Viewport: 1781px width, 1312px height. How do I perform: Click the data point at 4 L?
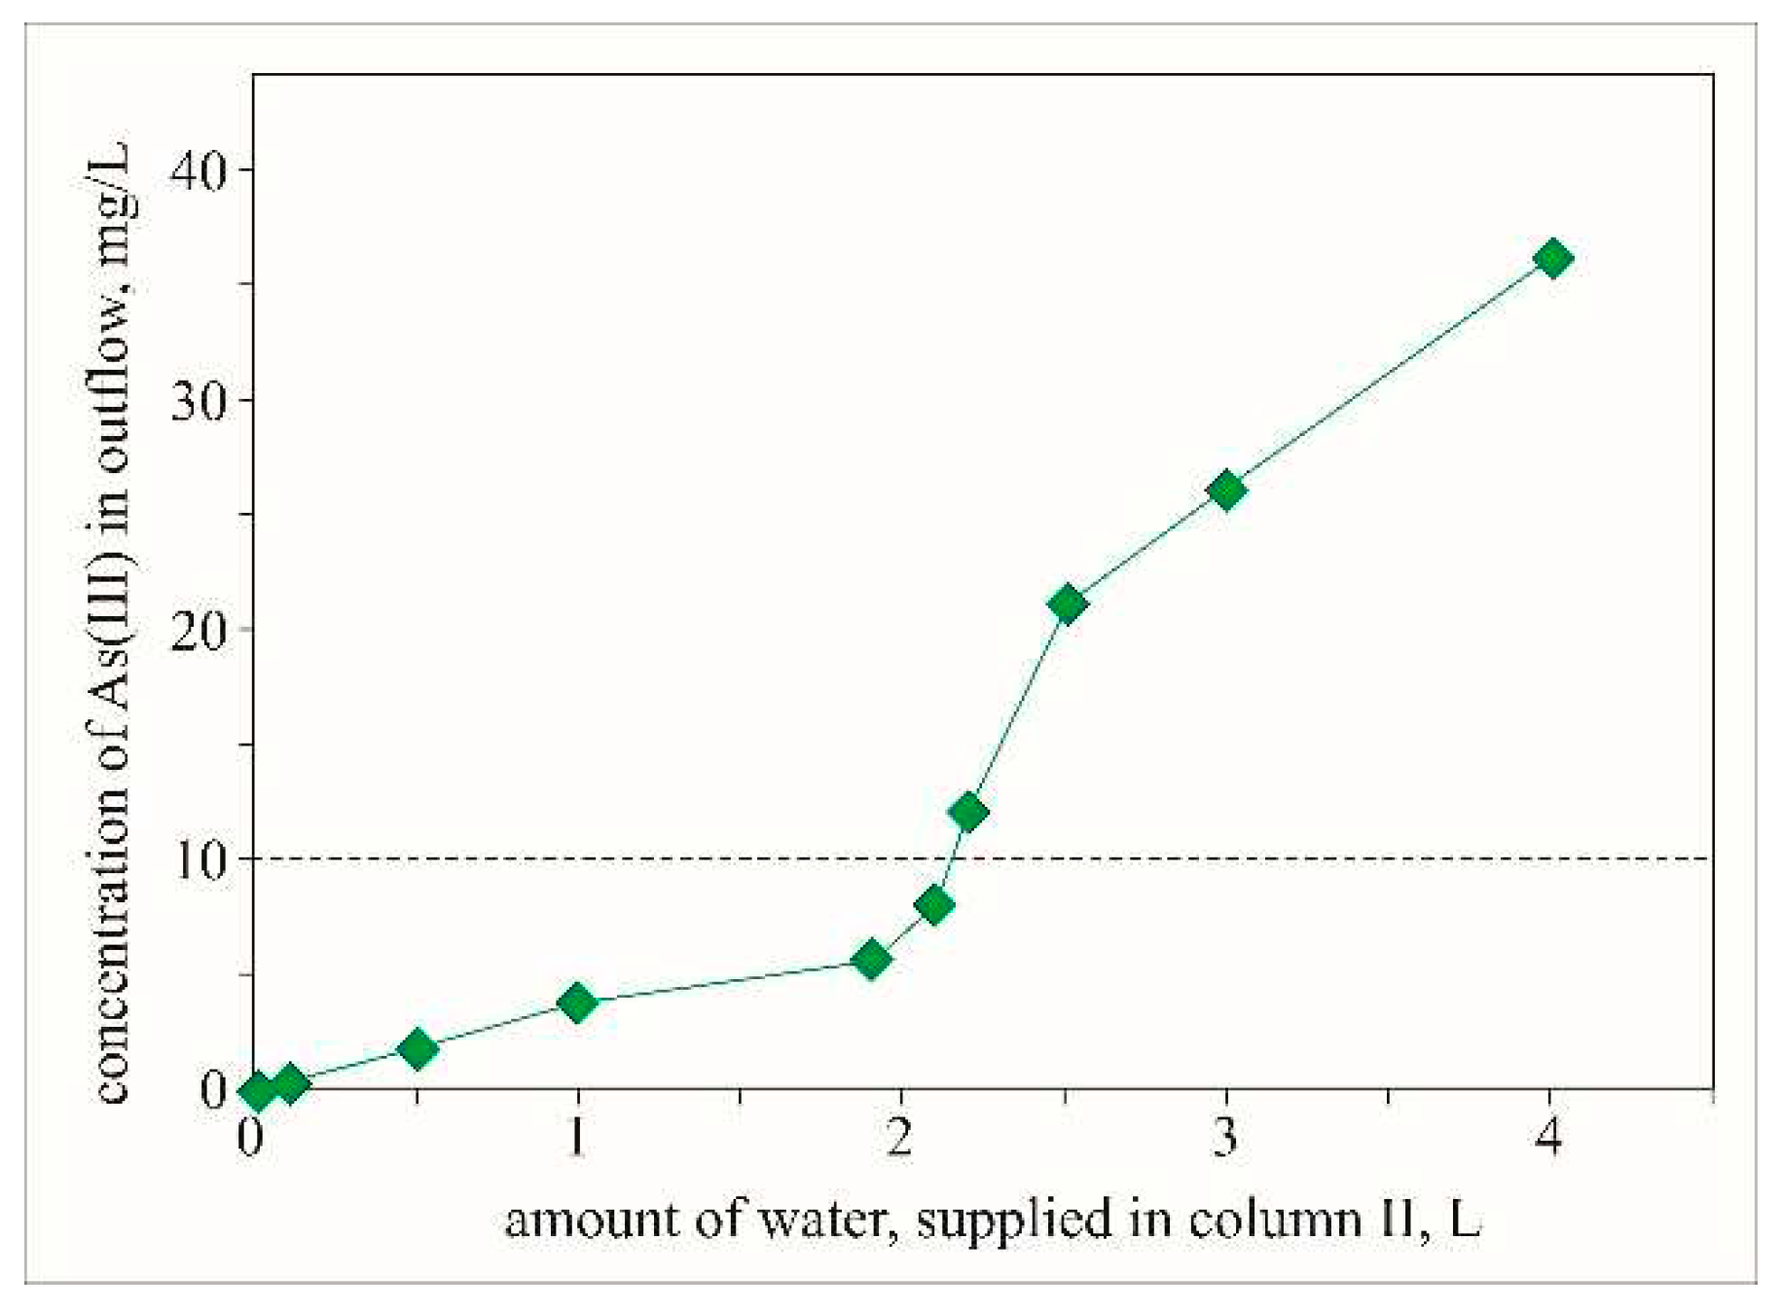pos(1551,259)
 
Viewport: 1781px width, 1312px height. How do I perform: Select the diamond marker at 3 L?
pos(1226,490)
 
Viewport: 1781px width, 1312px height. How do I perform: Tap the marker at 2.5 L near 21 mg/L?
pos(1067,604)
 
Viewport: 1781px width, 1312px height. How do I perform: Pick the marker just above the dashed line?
pos(967,812)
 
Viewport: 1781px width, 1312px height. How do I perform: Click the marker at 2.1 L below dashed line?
pos(934,905)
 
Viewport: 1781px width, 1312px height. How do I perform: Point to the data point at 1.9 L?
pos(871,960)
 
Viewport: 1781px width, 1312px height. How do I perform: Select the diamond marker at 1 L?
pos(577,1002)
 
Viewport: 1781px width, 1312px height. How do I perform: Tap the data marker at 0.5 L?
pos(418,1049)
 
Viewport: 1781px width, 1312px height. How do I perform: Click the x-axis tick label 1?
pos(577,1135)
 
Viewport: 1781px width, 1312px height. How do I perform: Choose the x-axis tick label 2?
pos(901,1135)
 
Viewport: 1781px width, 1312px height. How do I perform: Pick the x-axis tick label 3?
pos(1225,1135)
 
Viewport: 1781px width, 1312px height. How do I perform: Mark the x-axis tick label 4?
pos(1549,1135)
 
